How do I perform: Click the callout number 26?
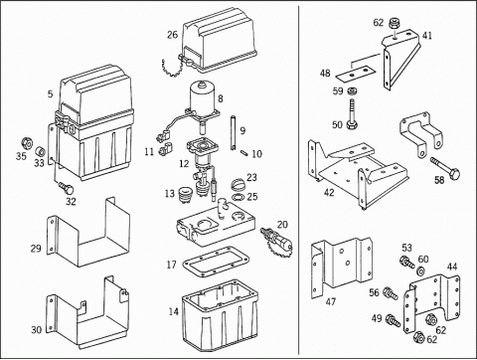(172, 35)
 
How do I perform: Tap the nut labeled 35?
(27, 143)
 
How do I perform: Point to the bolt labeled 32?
(66, 187)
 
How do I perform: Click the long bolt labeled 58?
(445, 168)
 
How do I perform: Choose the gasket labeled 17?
(216, 261)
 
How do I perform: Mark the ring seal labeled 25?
(238, 198)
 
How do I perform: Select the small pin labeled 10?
(245, 153)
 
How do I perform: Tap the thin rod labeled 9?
(234, 132)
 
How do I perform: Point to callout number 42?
(329, 192)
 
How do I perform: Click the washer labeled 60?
(421, 270)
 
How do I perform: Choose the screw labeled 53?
(407, 262)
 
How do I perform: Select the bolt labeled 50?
(352, 113)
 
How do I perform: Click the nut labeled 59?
(351, 90)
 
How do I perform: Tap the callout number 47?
(331, 301)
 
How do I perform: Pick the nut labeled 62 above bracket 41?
(394, 23)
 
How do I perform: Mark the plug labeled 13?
(185, 195)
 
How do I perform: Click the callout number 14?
(173, 311)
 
